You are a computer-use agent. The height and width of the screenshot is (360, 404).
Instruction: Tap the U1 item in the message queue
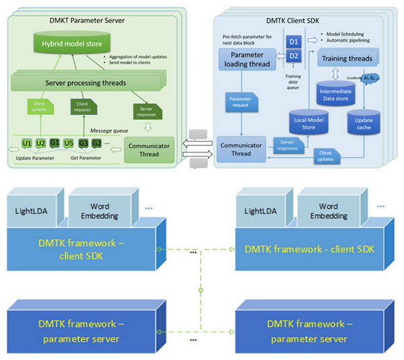tap(27, 143)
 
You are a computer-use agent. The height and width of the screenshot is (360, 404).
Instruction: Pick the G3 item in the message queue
tap(83, 143)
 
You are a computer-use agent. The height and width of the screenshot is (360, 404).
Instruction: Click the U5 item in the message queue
tap(69, 143)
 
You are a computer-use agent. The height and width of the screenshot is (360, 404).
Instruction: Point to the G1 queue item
tap(55, 143)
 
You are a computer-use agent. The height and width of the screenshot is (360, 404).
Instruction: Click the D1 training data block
tap(293, 42)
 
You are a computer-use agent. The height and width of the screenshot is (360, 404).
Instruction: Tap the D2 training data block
tap(293, 56)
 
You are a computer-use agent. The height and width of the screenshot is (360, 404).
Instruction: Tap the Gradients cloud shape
tap(370, 77)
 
